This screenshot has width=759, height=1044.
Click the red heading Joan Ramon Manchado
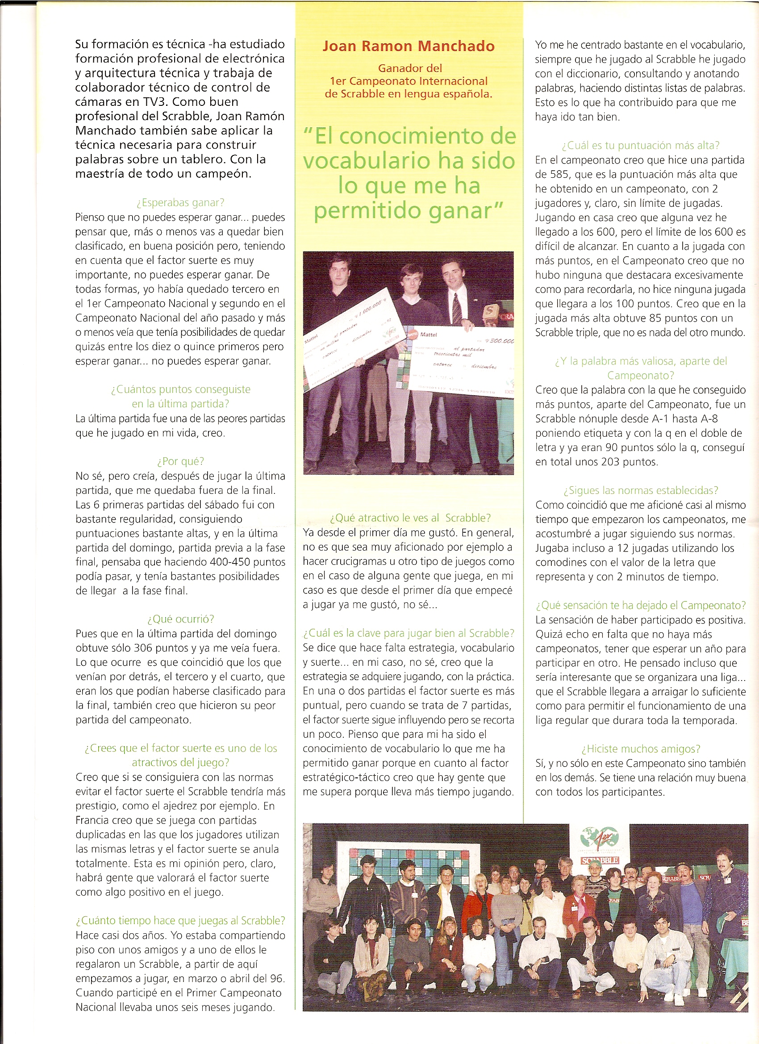[408, 46]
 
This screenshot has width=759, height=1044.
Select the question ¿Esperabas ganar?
[180, 203]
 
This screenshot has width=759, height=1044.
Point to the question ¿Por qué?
[180, 461]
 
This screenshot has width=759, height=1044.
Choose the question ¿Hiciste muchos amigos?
[640, 749]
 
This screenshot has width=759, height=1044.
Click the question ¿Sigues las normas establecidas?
[640, 490]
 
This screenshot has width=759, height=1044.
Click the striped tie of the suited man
[457, 309]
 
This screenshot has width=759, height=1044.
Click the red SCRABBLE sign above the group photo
[600, 860]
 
